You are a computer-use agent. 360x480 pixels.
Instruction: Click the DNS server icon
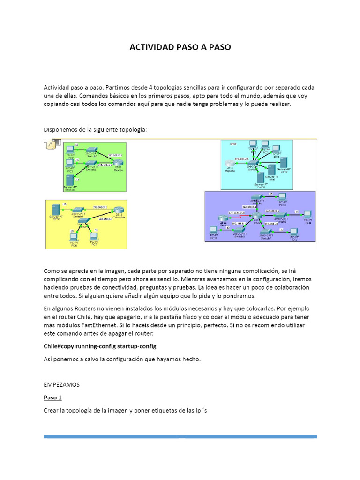click(x=271, y=171)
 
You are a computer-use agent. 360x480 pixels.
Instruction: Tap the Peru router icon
click(x=222, y=218)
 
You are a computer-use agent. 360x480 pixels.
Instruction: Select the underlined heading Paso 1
click(x=52, y=397)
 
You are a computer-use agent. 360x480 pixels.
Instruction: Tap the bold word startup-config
click(x=134, y=346)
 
